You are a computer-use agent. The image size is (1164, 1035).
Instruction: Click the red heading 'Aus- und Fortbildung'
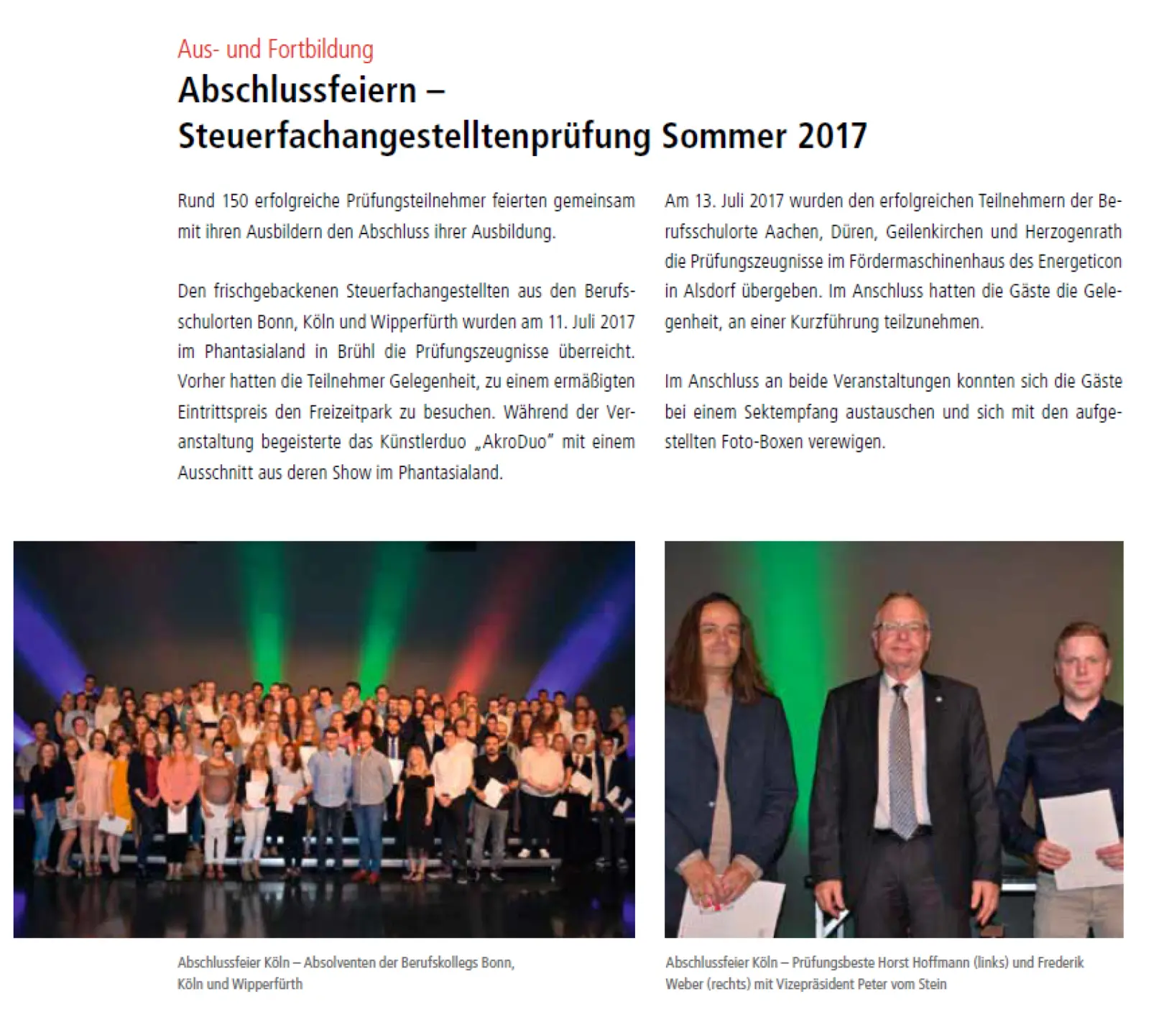[x=275, y=50]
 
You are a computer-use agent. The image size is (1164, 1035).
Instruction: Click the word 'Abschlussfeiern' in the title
[x=297, y=91]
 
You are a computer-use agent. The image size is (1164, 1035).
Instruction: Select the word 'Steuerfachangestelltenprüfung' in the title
[x=414, y=136]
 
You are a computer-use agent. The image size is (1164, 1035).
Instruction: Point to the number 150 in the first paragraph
[x=234, y=201]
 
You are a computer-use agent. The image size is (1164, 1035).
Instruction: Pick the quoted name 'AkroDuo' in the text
[x=514, y=441]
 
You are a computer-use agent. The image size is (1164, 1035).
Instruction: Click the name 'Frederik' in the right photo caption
[x=1061, y=962]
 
